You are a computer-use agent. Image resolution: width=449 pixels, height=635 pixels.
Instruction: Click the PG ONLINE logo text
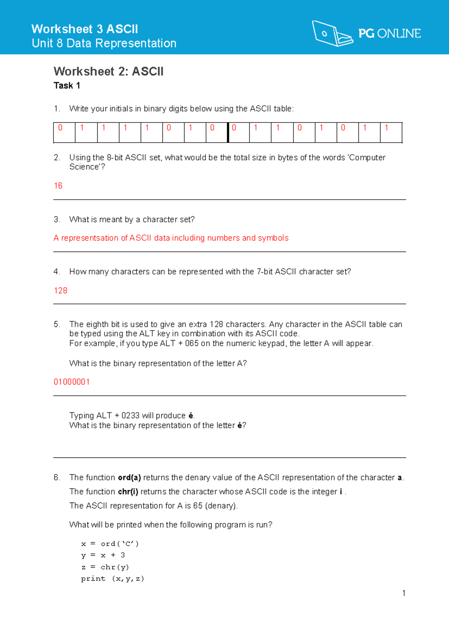390,34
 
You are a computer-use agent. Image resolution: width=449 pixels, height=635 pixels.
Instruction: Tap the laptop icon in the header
332,34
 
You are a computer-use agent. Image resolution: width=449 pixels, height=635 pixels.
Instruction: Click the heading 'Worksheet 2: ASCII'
109,72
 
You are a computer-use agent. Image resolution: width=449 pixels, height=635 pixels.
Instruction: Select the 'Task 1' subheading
67,86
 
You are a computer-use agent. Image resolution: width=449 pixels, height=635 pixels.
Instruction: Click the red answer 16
58,186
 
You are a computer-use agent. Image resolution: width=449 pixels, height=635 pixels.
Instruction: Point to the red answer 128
60,291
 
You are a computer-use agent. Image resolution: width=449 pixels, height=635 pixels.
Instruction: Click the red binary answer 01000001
71,382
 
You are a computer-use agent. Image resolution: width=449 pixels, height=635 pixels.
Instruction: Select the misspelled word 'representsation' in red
90,238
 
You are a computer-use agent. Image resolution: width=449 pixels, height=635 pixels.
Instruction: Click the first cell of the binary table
64,133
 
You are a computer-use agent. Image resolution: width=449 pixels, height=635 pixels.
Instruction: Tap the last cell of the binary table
391,133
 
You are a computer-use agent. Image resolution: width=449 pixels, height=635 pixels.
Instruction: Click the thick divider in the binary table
228,133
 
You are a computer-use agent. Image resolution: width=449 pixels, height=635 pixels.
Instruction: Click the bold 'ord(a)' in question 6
129,478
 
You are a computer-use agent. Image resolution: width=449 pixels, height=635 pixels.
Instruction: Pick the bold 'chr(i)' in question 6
128,492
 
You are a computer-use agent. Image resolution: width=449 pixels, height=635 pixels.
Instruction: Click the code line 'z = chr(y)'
105,567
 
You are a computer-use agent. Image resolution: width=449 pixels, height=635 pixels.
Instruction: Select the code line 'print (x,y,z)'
112,579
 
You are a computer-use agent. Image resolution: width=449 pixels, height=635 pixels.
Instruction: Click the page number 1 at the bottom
404,593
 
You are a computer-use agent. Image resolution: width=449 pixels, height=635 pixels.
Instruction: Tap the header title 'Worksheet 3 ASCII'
85,29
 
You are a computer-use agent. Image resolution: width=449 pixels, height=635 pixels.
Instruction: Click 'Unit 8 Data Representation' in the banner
104,43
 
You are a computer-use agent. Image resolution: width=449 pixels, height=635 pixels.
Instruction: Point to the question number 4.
56,272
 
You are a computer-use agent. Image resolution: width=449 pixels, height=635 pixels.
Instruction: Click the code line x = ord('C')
110,544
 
